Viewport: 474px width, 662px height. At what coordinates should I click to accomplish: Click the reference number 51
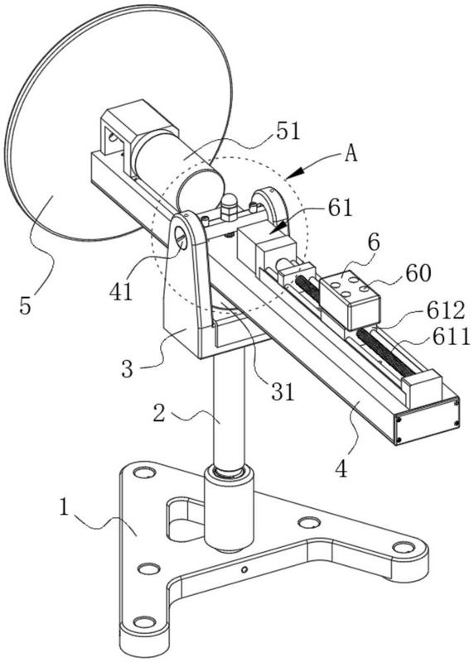(x=288, y=131)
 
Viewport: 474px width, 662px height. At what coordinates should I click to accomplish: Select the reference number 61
(x=340, y=208)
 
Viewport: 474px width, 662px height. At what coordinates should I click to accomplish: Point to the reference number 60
(x=418, y=273)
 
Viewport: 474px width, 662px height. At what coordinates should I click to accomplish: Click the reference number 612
(x=445, y=311)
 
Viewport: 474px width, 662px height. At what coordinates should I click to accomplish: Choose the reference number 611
(x=451, y=337)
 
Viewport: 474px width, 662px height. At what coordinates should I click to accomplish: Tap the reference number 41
(x=121, y=291)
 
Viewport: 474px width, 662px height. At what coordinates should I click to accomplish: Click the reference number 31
(x=283, y=391)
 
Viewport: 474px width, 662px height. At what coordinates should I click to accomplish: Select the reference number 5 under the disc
(x=26, y=305)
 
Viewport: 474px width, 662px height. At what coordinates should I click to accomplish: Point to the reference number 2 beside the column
(x=159, y=414)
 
